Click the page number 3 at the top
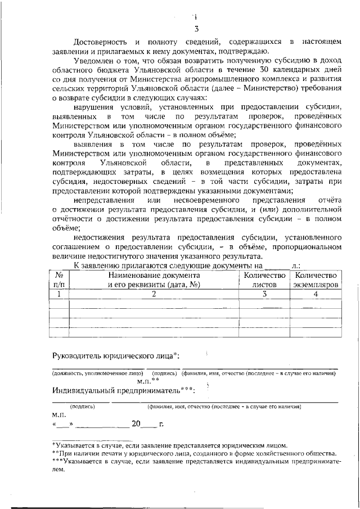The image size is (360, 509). (196, 29)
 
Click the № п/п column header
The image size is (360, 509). (58, 280)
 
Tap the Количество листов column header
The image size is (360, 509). (264, 280)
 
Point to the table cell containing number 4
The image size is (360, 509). (316, 294)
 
